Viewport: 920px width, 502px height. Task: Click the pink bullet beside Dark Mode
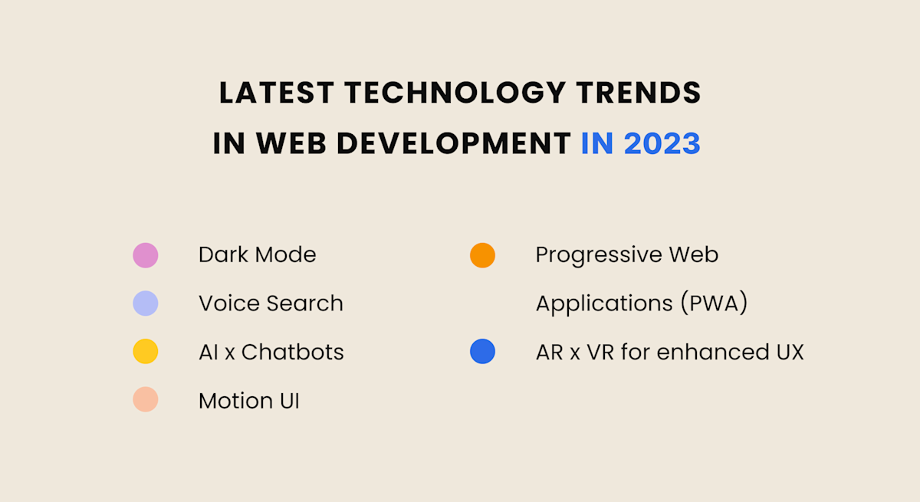tap(146, 255)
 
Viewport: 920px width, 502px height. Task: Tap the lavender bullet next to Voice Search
tap(146, 303)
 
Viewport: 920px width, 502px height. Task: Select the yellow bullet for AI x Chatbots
tap(146, 352)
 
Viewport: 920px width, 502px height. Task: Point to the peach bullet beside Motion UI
tap(146, 400)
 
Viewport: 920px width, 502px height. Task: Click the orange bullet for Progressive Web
tap(482, 255)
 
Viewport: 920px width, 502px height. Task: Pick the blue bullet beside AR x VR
tap(482, 352)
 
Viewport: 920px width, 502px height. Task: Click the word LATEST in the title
tap(277, 94)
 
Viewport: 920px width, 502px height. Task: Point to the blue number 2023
tap(662, 143)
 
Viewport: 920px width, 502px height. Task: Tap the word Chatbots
tap(292, 352)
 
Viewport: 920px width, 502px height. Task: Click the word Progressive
tap(588, 255)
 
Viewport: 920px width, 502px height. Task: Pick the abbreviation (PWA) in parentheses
tap(714, 303)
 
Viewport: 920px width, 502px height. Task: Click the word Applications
tap(594, 304)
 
